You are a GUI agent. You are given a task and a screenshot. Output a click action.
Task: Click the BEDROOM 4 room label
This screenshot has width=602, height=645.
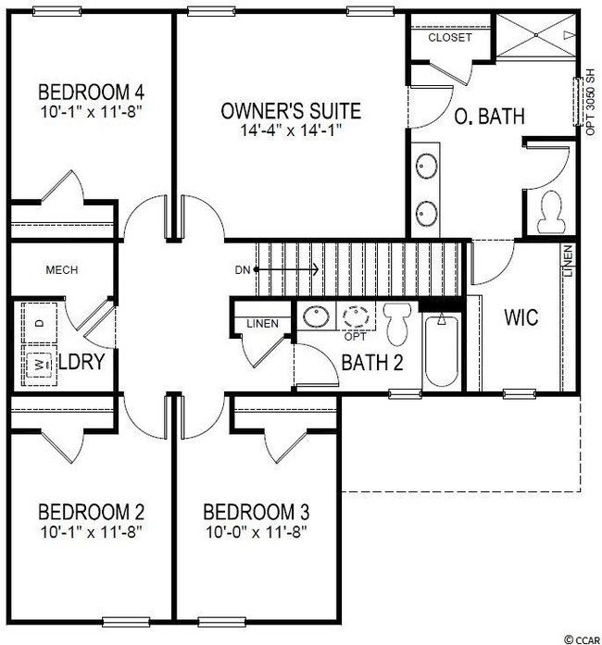pyautogui.click(x=91, y=93)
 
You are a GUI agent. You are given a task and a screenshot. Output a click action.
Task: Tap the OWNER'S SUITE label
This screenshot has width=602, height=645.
pyautogui.click(x=291, y=112)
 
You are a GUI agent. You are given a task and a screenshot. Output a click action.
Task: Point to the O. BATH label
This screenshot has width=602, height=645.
pyautogui.click(x=489, y=118)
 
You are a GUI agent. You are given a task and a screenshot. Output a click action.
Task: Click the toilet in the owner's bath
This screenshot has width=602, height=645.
pyautogui.click(x=547, y=212)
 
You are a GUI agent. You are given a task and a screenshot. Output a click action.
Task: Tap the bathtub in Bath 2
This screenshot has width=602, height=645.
pyautogui.click(x=441, y=352)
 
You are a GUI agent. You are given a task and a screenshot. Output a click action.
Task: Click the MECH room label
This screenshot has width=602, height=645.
pyautogui.click(x=62, y=270)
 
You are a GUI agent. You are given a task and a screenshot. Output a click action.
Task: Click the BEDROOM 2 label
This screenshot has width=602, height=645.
pyautogui.click(x=91, y=513)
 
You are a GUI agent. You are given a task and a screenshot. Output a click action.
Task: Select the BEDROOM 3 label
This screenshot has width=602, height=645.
pyautogui.click(x=256, y=513)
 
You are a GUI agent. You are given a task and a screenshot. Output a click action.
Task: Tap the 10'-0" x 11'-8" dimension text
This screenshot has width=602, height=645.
pyautogui.click(x=256, y=532)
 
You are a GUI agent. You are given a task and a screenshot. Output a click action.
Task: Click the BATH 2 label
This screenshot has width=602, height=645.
pyautogui.click(x=372, y=363)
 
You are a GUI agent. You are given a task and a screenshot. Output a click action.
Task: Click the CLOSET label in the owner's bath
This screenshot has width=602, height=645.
pyautogui.click(x=449, y=38)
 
